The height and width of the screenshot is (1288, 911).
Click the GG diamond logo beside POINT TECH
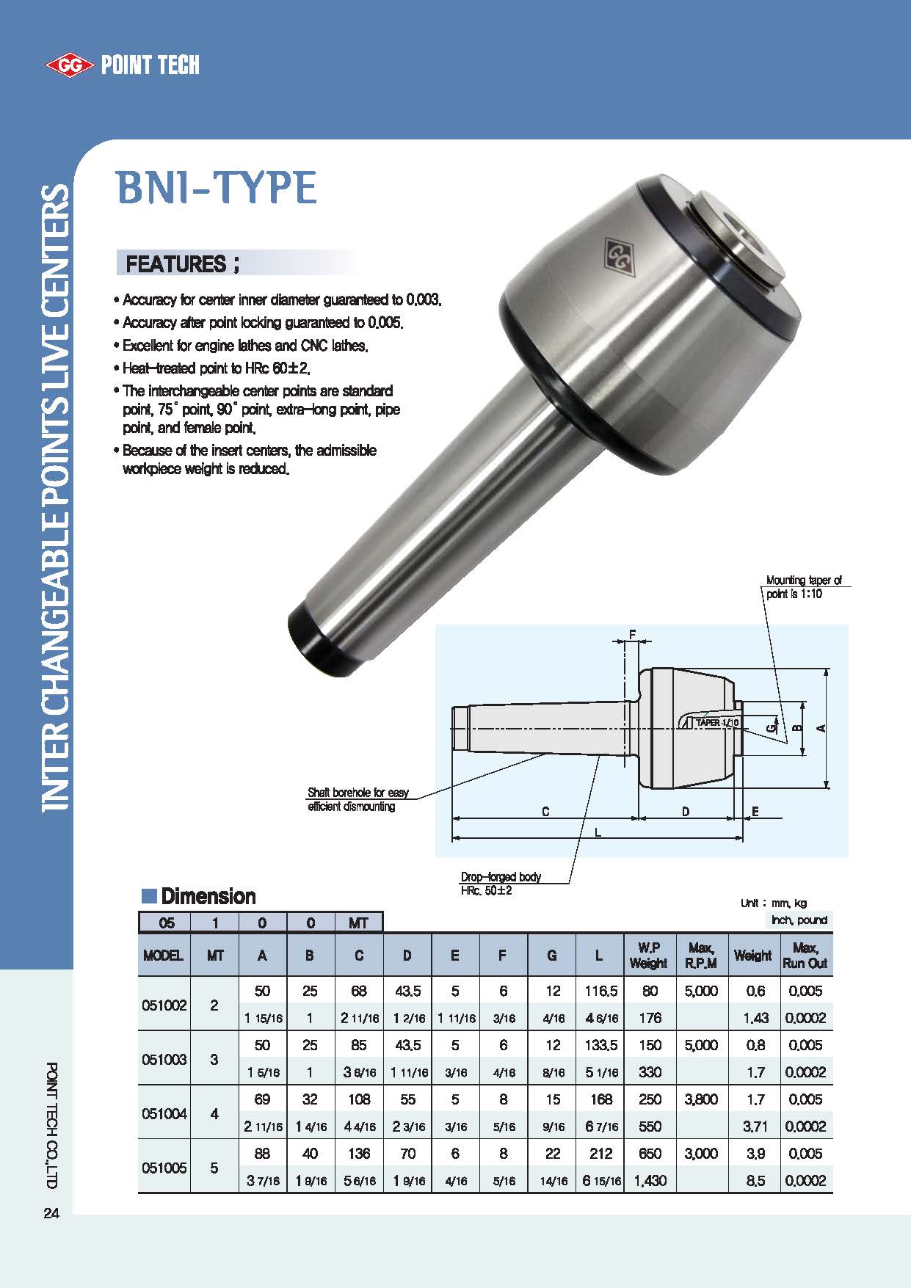(x=70, y=65)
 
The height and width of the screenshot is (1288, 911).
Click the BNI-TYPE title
(x=217, y=187)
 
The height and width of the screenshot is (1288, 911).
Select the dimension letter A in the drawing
(x=822, y=727)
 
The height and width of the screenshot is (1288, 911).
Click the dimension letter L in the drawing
(x=598, y=832)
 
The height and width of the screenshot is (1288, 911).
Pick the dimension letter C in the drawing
(x=545, y=812)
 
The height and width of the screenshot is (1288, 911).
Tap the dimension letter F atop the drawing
(x=632, y=634)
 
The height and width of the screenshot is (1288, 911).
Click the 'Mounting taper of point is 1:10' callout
(x=803, y=587)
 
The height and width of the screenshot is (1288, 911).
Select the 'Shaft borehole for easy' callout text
(x=358, y=793)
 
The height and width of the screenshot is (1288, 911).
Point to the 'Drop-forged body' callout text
(x=501, y=877)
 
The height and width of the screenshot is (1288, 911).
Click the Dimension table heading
(x=208, y=896)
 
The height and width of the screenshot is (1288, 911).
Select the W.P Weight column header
(x=649, y=956)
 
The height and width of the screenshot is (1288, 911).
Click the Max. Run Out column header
(x=805, y=956)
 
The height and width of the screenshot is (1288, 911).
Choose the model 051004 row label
(x=164, y=1113)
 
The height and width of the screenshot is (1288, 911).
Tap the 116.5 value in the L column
(x=600, y=992)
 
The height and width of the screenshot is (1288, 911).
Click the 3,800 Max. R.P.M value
(x=700, y=1099)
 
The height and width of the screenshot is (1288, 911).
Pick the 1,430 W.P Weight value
(x=650, y=1181)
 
